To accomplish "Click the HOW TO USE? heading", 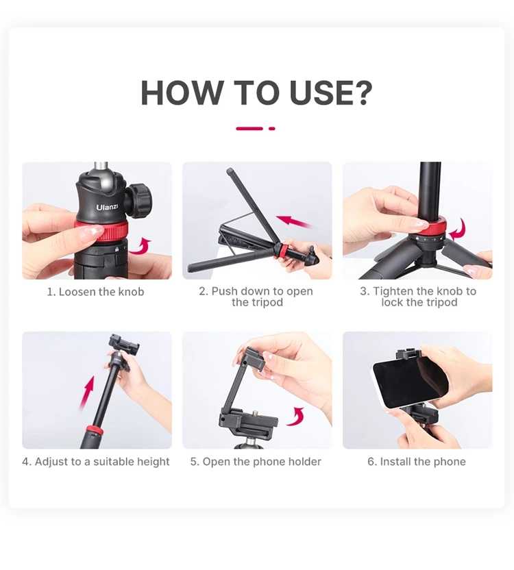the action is [x=256, y=92].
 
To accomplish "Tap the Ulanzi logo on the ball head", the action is [x=107, y=207].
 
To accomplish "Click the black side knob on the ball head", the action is [x=138, y=201].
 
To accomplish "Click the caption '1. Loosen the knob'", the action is [x=96, y=292].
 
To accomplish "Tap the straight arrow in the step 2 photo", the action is [x=295, y=222].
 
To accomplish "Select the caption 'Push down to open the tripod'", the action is [x=256, y=297].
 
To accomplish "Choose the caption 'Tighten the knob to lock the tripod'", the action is [x=418, y=297].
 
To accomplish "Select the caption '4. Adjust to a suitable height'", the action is [x=96, y=462].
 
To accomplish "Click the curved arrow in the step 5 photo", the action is [x=295, y=417].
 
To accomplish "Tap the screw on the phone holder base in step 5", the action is [x=256, y=413].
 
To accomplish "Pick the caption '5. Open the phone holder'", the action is [x=256, y=462].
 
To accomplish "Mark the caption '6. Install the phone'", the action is [x=417, y=462].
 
